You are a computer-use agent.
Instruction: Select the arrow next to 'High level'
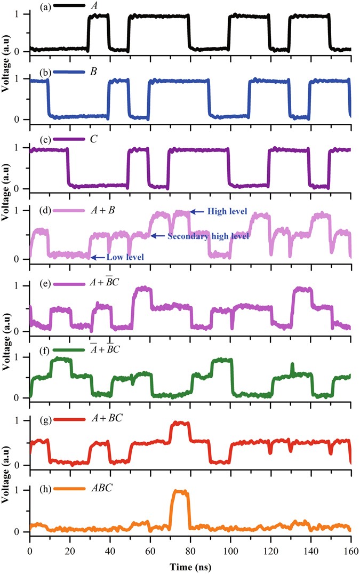199,212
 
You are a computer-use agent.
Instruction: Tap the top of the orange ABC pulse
180,492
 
